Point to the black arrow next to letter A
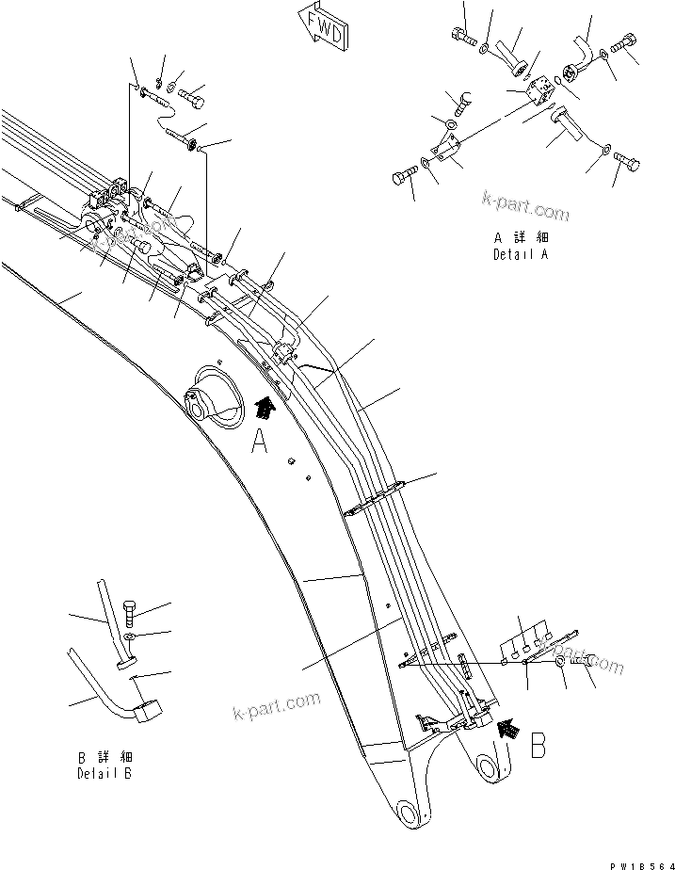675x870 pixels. pyautogui.click(x=265, y=407)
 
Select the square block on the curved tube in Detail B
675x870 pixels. pyautogui.click(x=147, y=714)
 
